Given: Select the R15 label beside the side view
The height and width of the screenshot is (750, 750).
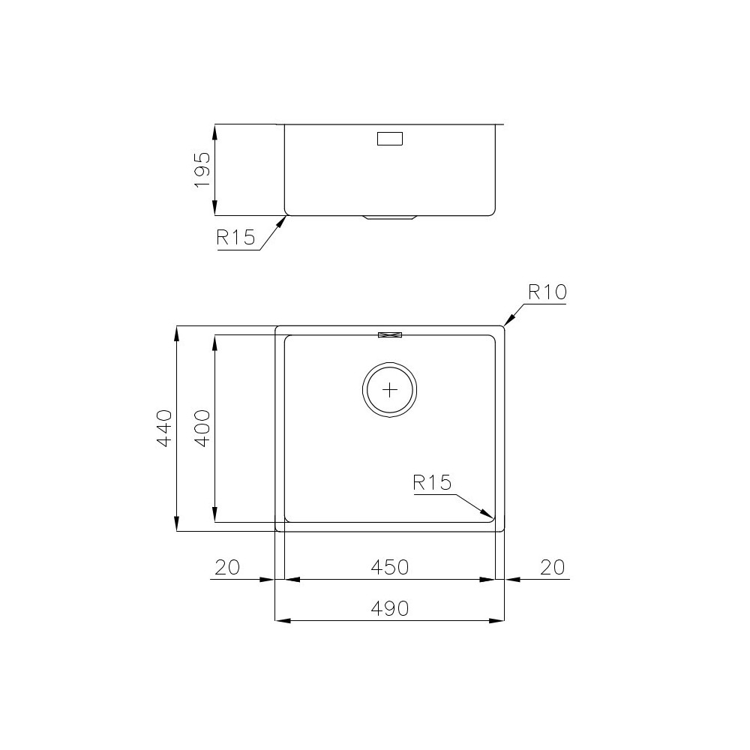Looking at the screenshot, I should click(235, 238).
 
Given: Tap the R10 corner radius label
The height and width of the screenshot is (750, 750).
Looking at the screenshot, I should click(546, 292).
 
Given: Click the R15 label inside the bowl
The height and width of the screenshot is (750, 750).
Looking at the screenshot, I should click(433, 482).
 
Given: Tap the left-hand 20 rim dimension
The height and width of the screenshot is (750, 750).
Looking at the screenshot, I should click(226, 567).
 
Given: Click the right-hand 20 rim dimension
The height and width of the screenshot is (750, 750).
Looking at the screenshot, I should click(552, 567).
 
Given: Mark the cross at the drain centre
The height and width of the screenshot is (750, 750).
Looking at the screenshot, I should click(390, 389).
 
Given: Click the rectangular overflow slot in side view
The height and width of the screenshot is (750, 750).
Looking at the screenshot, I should click(389, 139).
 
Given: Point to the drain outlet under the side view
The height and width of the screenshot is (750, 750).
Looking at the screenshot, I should click(389, 218).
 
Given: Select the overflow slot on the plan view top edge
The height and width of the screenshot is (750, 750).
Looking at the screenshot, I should click(390, 334).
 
